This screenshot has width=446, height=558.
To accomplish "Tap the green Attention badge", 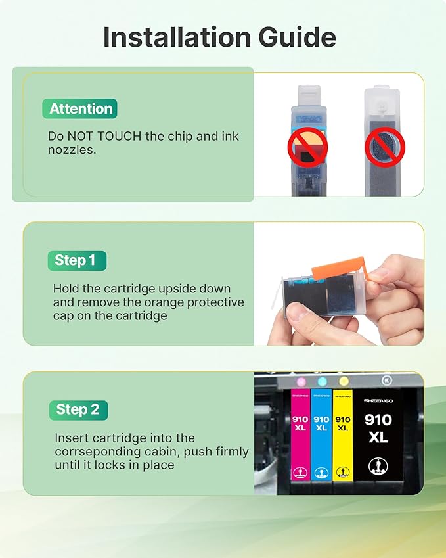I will pyautogui.click(x=80, y=108).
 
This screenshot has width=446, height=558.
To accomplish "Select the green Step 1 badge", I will pyautogui.click(x=76, y=260).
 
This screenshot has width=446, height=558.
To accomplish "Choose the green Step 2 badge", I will pyautogui.click(x=78, y=410).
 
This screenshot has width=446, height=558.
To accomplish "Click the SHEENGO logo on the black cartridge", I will pyautogui.click(x=378, y=400).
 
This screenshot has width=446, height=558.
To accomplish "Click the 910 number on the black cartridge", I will pyautogui.click(x=378, y=420).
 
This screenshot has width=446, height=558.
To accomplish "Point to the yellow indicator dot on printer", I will pyautogui.click(x=343, y=381).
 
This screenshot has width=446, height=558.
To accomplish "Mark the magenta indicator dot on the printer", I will pyautogui.click(x=301, y=381).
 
